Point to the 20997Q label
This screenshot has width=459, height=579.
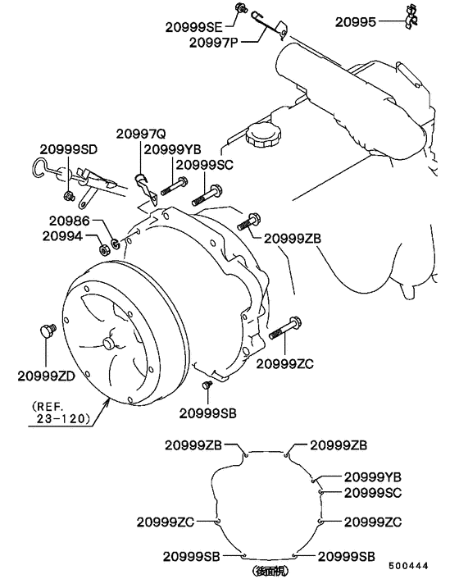[141, 134]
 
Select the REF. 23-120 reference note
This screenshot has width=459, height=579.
[61, 412]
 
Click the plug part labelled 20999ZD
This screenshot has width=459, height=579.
[46, 331]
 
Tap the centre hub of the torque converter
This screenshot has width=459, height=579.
[109, 344]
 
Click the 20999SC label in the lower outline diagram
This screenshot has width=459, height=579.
[371, 492]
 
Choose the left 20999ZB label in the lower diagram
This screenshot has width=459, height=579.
[193, 445]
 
